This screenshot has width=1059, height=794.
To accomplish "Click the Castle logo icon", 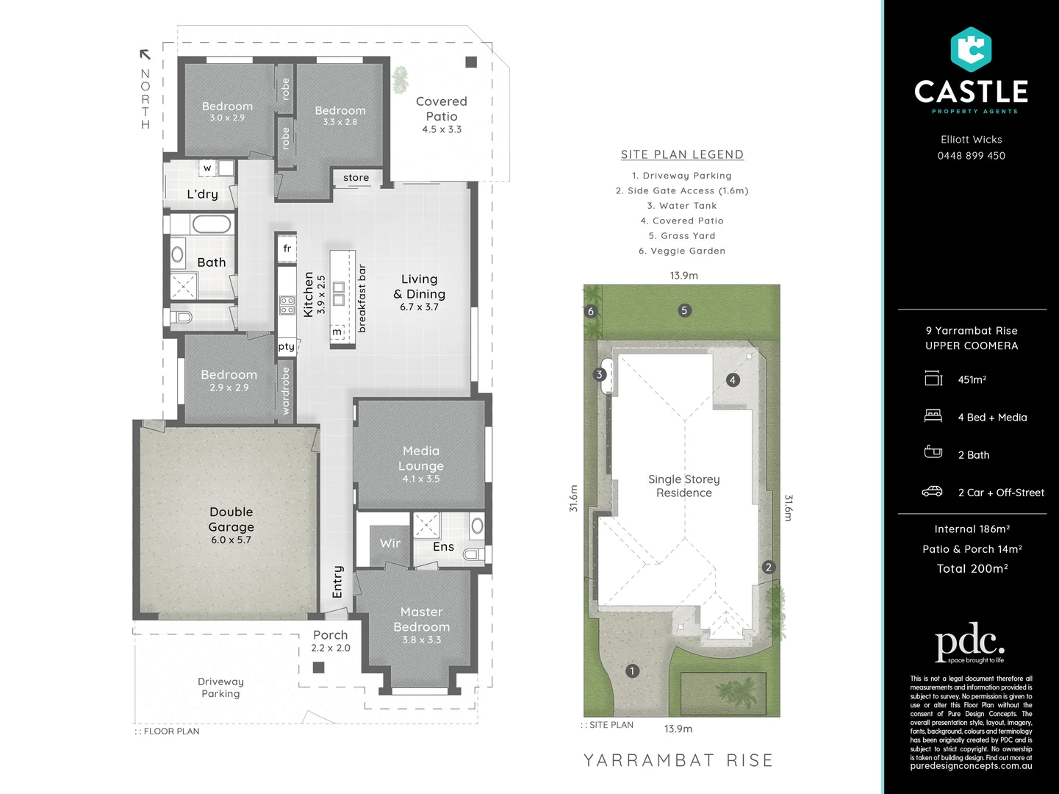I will pos(971,49).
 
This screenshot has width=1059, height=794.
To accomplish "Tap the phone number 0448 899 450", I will pos(971,156).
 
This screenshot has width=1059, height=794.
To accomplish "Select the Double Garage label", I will pos(231,519).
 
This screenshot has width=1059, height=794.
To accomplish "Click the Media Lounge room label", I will pos(420,458).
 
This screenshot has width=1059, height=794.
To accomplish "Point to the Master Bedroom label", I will pos(421,619).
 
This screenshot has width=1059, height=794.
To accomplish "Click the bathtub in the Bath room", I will pos(212,224).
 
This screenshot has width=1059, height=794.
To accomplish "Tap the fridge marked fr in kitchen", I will pos(287,248).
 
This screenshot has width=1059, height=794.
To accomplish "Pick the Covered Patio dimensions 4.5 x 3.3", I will pos(442,129).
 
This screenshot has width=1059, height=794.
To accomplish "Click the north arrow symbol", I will pos(145,54).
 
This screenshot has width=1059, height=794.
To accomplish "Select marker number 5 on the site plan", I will pos(684,310).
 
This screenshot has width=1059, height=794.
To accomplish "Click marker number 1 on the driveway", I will pos(631,670).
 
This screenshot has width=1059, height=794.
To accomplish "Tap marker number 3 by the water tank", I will pos(599,374).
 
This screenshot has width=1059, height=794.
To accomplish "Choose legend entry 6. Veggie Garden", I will pos(681,251).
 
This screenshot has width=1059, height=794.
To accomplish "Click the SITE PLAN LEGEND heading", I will pos(682,154).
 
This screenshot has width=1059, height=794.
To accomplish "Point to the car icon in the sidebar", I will pos(932,491).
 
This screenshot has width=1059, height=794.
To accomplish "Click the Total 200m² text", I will pos(972,568).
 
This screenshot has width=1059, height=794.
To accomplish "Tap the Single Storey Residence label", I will pos(683,486).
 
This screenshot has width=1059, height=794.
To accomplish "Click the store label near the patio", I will pos(356,178).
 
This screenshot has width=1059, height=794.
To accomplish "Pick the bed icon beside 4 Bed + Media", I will pos(933,416).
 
